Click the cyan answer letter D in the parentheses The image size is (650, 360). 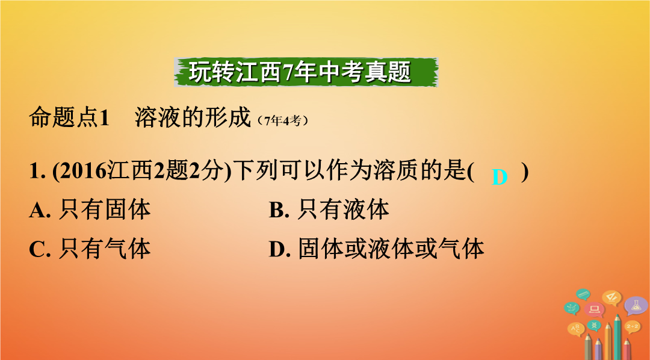(500, 177)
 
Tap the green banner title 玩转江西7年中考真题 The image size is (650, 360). (300, 72)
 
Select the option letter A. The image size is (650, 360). (39, 210)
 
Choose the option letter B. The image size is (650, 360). (279, 210)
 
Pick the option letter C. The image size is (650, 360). (39, 249)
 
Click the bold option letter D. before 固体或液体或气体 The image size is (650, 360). (280, 249)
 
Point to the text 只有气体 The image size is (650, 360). (104, 249)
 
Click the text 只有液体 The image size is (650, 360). (343, 209)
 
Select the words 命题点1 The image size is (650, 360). (69, 117)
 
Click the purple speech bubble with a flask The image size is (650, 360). (636, 306)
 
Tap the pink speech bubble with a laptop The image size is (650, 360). (595, 309)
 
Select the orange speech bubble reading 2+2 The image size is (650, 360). (633, 327)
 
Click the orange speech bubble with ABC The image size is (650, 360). (576, 329)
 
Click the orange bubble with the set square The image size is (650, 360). (611, 297)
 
